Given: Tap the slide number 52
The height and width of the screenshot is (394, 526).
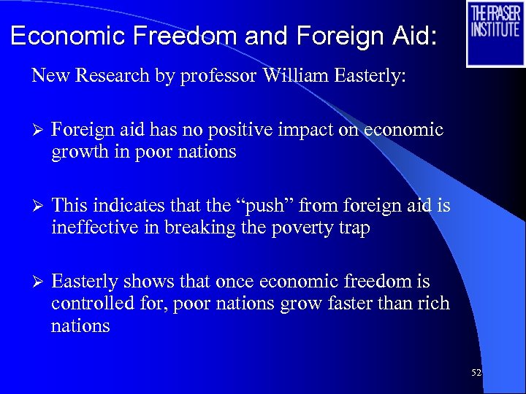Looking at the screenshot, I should [x=476, y=373].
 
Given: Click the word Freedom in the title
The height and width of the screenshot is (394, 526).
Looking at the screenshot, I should [x=194, y=36].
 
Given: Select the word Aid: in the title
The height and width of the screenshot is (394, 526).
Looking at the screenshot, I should [x=412, y=36].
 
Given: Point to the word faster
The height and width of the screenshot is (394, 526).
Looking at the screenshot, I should [x=351, y=304].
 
